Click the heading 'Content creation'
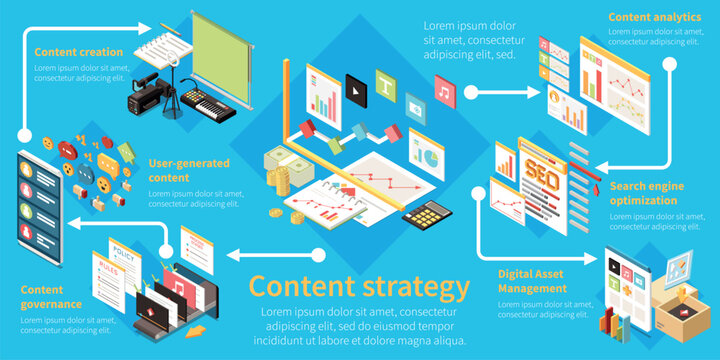79,52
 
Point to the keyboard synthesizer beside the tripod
204,104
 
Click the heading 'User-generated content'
189,170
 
